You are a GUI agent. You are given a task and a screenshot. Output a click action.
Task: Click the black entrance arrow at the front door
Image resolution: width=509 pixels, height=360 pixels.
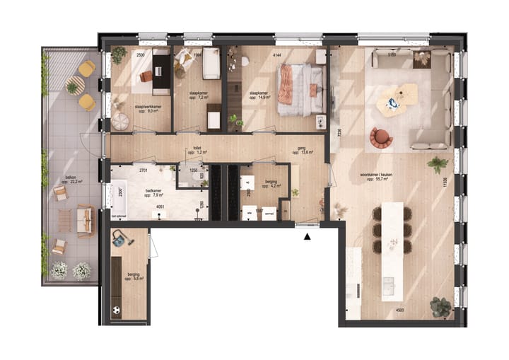(307, 238)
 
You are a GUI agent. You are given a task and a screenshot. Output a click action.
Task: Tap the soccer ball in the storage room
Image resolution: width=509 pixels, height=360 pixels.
(115, 309)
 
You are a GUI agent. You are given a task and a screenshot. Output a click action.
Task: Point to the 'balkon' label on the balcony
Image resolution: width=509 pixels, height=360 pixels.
(70, 177)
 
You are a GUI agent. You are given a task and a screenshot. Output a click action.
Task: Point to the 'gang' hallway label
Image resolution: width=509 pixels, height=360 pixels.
(301, 149)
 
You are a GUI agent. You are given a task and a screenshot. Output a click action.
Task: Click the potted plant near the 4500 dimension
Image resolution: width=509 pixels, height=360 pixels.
(440, 306)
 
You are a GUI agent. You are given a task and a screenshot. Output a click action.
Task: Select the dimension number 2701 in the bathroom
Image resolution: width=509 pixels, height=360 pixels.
(143, 170)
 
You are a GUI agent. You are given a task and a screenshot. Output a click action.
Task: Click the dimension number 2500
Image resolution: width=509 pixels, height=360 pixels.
(141, 54)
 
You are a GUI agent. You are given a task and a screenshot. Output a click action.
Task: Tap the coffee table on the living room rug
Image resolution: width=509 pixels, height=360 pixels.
(394, 98)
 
